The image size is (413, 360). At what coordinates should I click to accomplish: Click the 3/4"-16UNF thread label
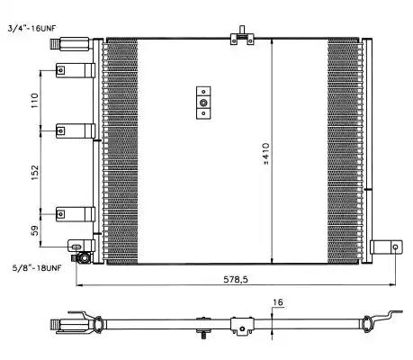click(32, 29)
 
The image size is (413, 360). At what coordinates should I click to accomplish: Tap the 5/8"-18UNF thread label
click(37, 267)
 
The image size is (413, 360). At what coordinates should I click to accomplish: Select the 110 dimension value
click(35, 101)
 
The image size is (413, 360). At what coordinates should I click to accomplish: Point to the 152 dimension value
click(35, 173)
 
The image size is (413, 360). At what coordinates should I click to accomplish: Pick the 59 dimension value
click(35, 230)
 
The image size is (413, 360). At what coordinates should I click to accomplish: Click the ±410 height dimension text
click(266, 154)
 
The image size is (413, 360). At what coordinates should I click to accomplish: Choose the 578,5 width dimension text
click(236, 279)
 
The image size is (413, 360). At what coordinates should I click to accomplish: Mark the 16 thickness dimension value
click(278, 302)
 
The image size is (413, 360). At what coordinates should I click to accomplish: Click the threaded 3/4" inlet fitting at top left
click(69, 44)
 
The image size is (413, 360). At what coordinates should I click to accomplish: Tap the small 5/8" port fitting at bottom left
click(82, 258)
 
